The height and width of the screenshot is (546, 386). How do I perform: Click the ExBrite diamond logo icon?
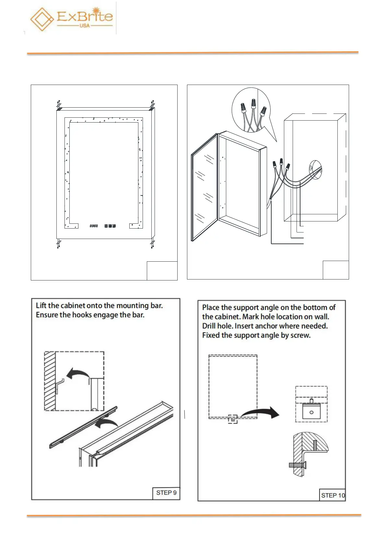[42, 19]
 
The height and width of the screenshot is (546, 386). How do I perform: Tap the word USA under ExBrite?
[85, 26]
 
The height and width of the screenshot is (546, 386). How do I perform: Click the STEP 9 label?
[166, 493]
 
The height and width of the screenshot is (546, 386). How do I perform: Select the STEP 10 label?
[333, 495]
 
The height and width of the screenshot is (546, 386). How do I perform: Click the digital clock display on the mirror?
[94, 226]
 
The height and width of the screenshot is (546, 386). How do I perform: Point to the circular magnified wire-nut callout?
[251, 110]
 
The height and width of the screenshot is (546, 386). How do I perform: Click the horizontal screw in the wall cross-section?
[297, 465]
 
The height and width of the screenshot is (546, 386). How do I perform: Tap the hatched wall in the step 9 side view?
[50, 381]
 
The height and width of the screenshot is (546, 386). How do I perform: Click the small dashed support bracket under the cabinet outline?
[233, 419]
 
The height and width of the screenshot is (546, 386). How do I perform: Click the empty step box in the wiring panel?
[335, 270]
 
